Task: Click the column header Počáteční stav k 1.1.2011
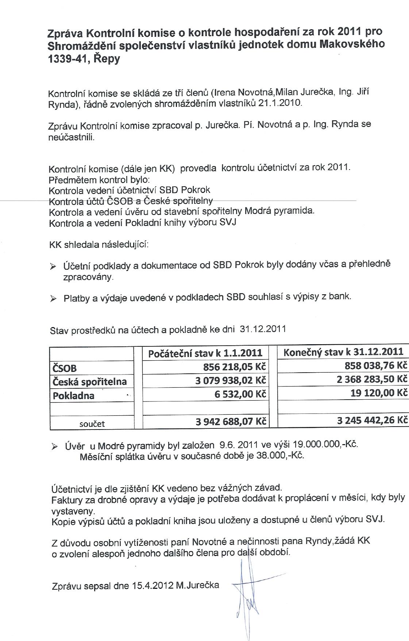click(205, 353)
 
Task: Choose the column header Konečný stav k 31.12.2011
click(343, 351)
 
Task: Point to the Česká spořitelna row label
click(90, 382)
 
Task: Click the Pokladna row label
click(74, 396)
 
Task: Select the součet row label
click(92, 424)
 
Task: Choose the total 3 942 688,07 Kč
click(231, 422)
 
